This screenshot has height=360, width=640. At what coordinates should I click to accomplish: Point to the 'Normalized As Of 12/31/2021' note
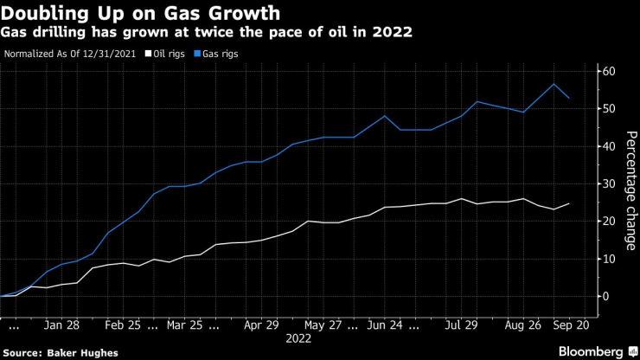pyautogui.click(x=71, y=53)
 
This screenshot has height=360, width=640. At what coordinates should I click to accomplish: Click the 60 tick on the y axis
pyautogui.click(x=610, y=71)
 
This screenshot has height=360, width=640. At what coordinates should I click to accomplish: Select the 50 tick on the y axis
pyautogui.click(x=610, y=108)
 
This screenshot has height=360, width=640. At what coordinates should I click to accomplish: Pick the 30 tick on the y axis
pyautogui.click(x=610, y=183)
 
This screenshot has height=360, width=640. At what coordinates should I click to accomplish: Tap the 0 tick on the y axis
pyautogui.click(x=607, y=296)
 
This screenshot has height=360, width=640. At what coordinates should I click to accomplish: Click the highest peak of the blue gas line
pyautogui.click(x=554, y=84)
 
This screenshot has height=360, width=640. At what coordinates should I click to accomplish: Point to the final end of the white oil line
pyautogui.click(x=568, y=203)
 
